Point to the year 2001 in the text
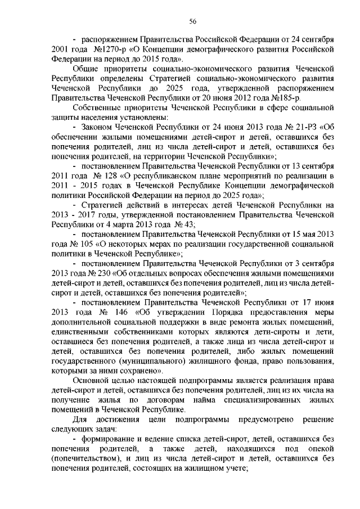pyautogui.click(x=59, y=48)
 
